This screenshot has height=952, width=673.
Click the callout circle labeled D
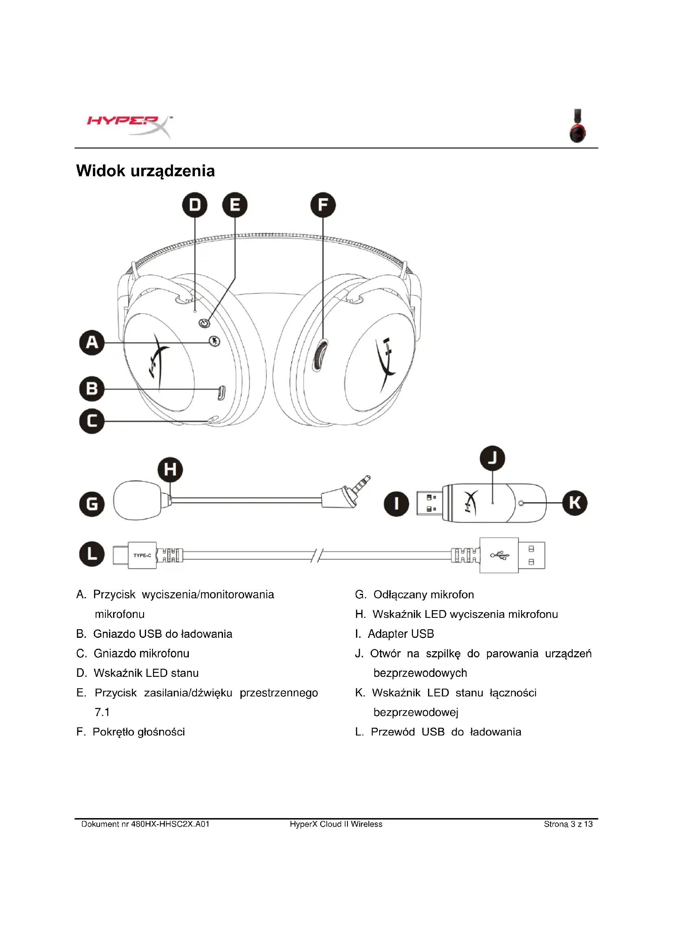tap(195, 205)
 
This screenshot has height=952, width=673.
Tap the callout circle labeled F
tap(323, 205)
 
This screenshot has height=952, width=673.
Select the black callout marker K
tap(575, 503)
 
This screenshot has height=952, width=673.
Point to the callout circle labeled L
tap(92, 554)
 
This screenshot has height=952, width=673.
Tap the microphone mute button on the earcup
tap(214, 341)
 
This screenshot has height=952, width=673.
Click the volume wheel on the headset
tap(319, 355)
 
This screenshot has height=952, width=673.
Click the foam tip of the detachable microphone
tap(137, 500)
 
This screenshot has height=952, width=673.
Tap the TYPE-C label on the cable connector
tap(142, 555)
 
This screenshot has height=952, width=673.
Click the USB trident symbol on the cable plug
tap(499, 555)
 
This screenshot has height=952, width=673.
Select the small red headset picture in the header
tap(578, 126)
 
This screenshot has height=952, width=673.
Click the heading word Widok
tap(100, 171)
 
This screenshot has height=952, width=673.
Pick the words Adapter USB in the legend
tap(401, 634)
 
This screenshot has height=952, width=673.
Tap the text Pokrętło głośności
tap(139, 732)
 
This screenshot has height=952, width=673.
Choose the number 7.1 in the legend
tap(102, 712)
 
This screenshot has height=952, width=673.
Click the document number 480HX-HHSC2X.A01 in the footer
tap(170, 824)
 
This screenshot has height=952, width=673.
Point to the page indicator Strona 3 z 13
tap(568, 824)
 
